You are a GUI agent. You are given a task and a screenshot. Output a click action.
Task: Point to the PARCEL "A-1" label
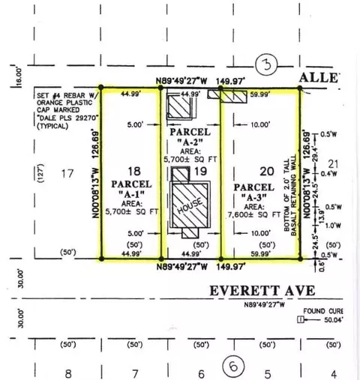click(131, 190)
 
